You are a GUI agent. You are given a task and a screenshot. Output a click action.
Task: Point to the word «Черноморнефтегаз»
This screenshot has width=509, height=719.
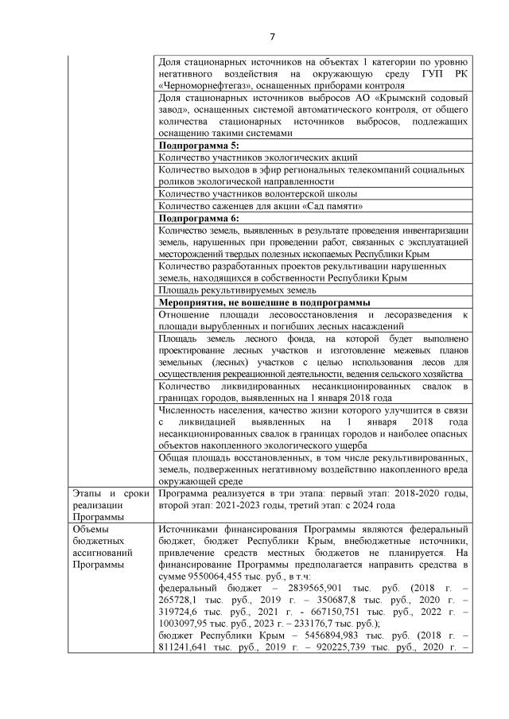(x=203, y=85)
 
